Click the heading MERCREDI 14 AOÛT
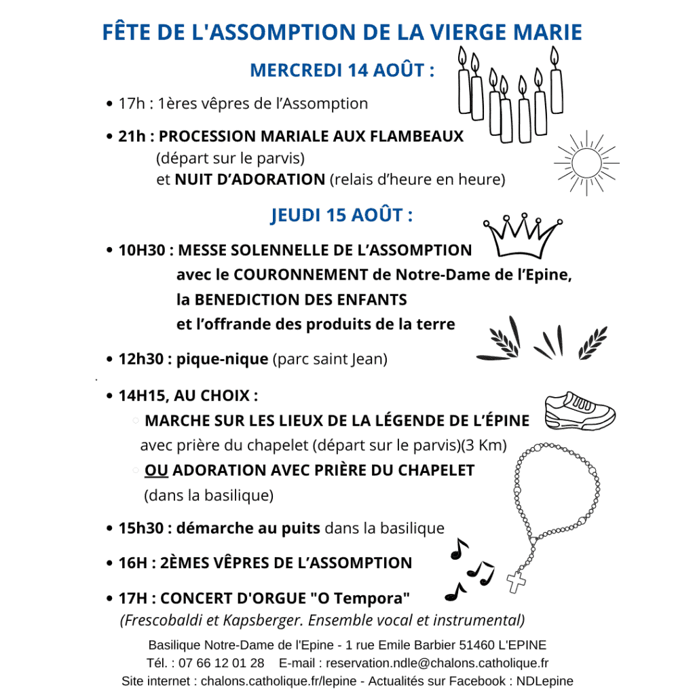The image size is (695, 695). pyautogui.click(x=342, y=71)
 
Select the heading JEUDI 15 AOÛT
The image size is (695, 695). pyautogui.click(x=342, y=216)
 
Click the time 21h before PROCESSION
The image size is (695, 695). pyautogui.click(x=132, y=136)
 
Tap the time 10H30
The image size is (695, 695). pyautogui.click(x=142, y=250)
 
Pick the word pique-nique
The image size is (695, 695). pyautogui.click(x=222, y=358)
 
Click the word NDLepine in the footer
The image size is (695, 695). pyautogui.click(x=544, y=681)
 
